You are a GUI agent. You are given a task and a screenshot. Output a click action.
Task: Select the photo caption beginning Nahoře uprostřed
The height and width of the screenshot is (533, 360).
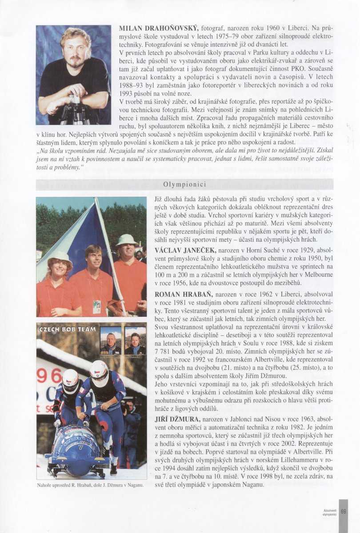[90, 485]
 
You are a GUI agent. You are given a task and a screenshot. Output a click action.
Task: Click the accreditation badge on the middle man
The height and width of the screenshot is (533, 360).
[97, 306]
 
